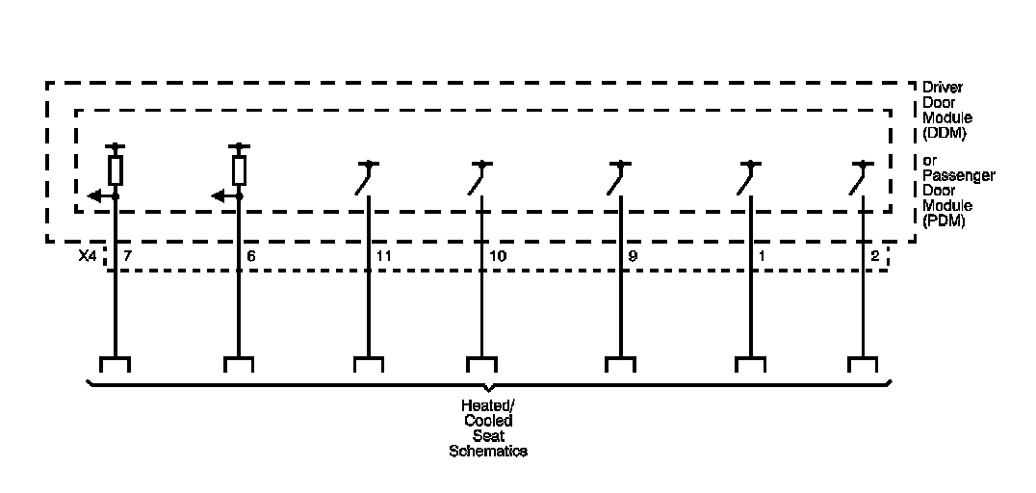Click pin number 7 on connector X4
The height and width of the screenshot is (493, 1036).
[127, 257]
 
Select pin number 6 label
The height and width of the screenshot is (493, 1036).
[251, 257]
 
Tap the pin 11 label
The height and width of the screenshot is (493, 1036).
[383, 257]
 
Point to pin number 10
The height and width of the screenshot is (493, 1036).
[497, 257]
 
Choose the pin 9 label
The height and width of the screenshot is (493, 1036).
[632, 257]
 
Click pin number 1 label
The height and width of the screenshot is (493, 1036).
[764, 257]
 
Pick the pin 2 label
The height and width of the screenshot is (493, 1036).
[874, 257]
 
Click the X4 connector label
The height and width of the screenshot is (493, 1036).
[87, 257]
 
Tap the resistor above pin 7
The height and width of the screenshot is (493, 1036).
[116, 170]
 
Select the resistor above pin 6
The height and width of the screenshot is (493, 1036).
[239, 170]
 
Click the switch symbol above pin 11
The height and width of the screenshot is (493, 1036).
[363, 179]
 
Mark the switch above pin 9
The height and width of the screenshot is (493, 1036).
[615, 179]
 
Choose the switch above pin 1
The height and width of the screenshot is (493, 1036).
[747, 179]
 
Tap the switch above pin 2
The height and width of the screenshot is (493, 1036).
[859, 179]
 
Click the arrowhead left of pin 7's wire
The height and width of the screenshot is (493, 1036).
[92, 196]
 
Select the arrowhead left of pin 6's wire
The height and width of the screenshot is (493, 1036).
[218, 196]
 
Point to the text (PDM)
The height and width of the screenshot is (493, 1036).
[944, 221]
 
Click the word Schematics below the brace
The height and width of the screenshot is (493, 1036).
[488, 451]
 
